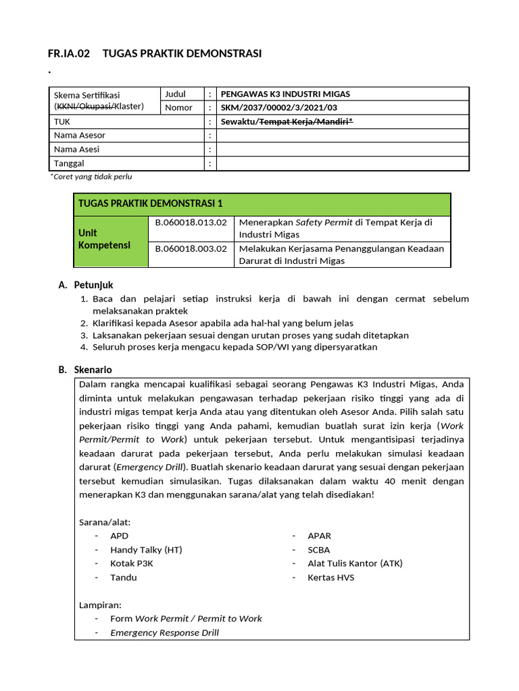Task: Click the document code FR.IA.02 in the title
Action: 68,54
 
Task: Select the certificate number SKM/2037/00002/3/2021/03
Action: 279,108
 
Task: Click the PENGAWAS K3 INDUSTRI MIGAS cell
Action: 286,94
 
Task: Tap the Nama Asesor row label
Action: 80,136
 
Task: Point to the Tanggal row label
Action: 69,163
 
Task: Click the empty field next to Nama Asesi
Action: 342,149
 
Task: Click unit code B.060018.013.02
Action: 191,221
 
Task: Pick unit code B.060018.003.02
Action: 191,248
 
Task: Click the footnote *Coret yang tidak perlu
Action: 91,177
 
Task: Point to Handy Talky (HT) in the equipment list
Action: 146,549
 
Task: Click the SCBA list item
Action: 319,549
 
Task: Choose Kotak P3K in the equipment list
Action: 132,563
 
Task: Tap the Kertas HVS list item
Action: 330,578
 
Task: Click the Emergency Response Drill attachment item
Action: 164,633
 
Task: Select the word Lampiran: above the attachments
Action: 100,605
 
